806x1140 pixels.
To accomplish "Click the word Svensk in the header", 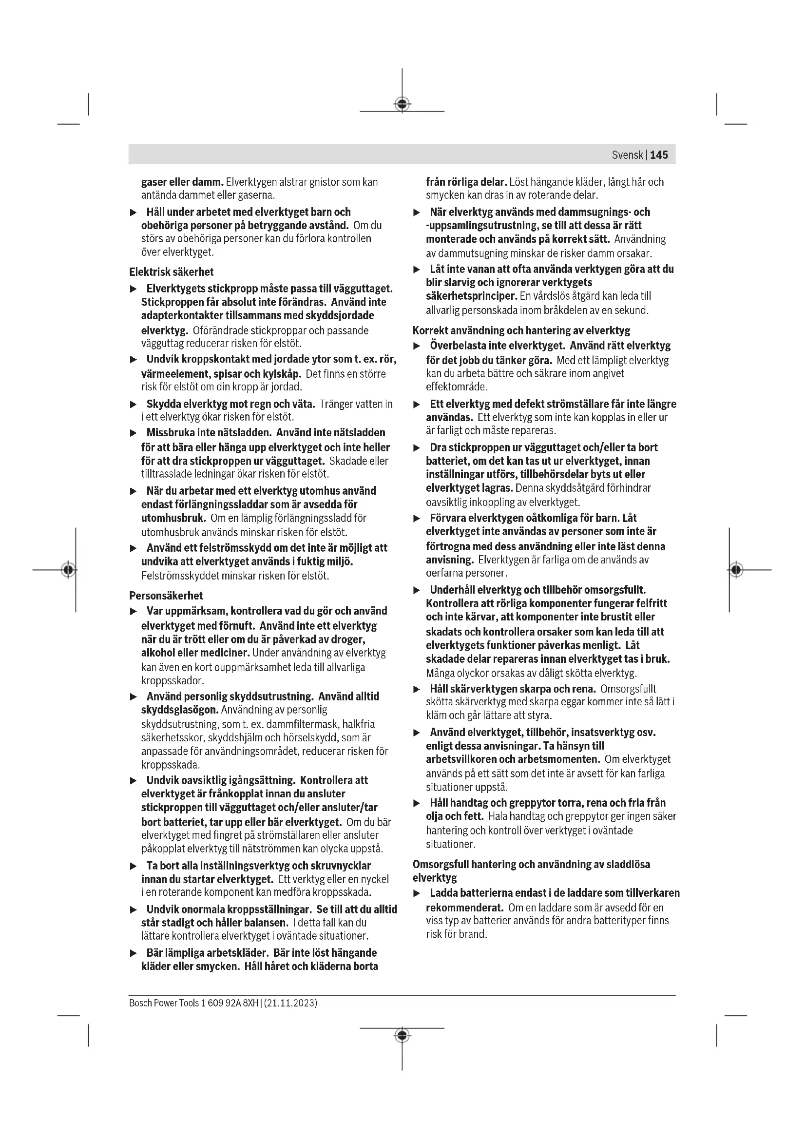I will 627,155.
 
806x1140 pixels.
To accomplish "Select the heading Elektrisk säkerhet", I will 171,272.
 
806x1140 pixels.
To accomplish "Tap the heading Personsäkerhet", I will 166,595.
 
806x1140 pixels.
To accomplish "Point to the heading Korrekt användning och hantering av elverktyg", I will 521,330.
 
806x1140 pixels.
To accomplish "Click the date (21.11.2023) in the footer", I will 290,1003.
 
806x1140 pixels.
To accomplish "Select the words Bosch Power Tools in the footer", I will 164,1003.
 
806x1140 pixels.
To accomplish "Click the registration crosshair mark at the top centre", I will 402,104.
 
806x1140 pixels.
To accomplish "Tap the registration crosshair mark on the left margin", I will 69,569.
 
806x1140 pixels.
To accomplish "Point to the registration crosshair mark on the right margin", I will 736,569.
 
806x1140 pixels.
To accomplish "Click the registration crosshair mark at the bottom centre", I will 402,1035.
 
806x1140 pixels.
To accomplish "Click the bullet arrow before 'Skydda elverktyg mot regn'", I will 133,405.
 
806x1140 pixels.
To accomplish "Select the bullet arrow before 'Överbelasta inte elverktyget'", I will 417,346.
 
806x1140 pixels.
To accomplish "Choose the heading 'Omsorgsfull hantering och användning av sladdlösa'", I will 531,865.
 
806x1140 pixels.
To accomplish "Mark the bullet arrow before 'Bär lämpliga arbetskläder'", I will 133,953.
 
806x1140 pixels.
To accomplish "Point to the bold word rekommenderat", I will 464,908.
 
